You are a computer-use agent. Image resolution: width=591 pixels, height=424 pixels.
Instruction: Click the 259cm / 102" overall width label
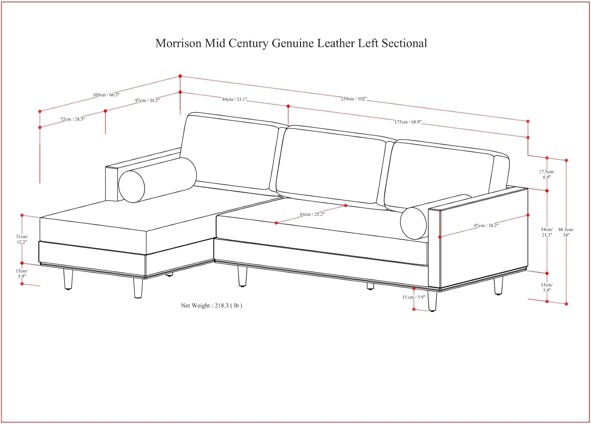pos(353,99)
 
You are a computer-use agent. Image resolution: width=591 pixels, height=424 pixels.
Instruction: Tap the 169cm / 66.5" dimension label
pos(106,95)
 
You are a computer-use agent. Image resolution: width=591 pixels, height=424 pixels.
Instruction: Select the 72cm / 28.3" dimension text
pos(72,119)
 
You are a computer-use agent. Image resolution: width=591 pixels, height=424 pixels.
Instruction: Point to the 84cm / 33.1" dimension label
pos(234,99)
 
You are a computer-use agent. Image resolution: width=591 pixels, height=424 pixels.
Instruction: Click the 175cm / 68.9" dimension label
pos(408,122)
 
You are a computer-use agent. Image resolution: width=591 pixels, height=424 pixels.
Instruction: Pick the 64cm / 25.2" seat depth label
pos(312,214)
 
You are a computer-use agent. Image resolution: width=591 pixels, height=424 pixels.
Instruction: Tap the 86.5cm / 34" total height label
pos(566,232)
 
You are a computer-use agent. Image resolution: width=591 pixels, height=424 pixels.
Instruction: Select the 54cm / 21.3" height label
pos(547,232)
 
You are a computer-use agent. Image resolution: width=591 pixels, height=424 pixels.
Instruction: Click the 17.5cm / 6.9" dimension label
pos(547,175)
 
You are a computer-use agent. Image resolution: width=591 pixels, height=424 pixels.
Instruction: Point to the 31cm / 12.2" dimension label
pos(22,239)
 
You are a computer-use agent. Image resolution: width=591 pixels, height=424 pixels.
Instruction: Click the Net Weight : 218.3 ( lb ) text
pos(211,305)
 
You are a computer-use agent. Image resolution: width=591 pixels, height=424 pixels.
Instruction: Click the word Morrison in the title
pos(178,43)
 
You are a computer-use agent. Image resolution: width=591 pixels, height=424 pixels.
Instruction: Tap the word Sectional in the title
pos(404,43)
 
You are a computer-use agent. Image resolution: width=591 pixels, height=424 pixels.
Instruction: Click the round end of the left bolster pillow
pos(132,186)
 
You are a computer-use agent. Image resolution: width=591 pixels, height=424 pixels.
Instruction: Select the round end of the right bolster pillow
pos(413,223)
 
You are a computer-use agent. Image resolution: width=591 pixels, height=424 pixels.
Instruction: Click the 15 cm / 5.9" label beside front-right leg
pos(414,297)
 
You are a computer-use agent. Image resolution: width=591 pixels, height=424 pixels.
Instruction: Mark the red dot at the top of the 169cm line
pos(180,76)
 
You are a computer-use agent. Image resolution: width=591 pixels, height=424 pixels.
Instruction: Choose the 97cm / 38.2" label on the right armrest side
pos(486,225)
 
